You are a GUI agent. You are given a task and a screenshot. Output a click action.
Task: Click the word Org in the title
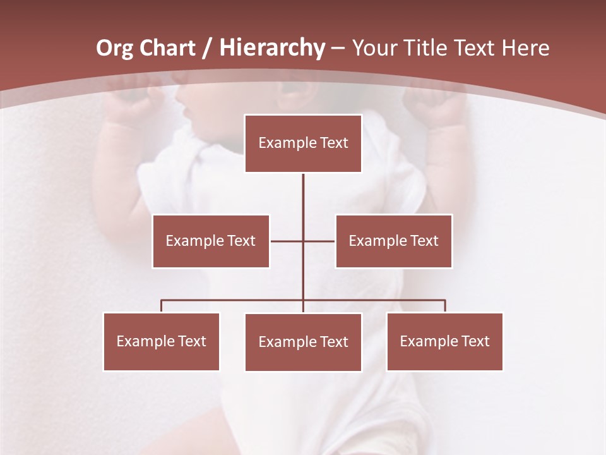tap(114, 48)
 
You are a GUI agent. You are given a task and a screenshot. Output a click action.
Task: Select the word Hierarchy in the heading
tap(272, 48)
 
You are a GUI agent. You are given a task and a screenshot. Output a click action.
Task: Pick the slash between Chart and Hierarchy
tap(206, 49)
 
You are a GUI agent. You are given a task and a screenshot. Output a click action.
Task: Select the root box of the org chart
tap(303, 143)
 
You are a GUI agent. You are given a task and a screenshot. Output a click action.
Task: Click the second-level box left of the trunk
tap(210, 241)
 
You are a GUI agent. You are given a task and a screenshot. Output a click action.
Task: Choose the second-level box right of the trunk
tap(393, 241)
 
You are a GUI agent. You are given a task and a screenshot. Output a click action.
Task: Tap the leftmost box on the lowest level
tap(161, 341)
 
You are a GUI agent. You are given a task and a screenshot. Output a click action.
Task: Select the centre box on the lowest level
tap(303, 342)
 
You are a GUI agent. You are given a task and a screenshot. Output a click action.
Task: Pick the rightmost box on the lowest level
tap(444, 341)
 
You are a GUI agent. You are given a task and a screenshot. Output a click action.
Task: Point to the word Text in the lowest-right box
tap(475, 341)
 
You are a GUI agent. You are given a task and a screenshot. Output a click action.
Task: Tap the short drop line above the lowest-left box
tap(162, 306)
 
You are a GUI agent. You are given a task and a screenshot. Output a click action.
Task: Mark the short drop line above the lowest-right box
tap(445, 306)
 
